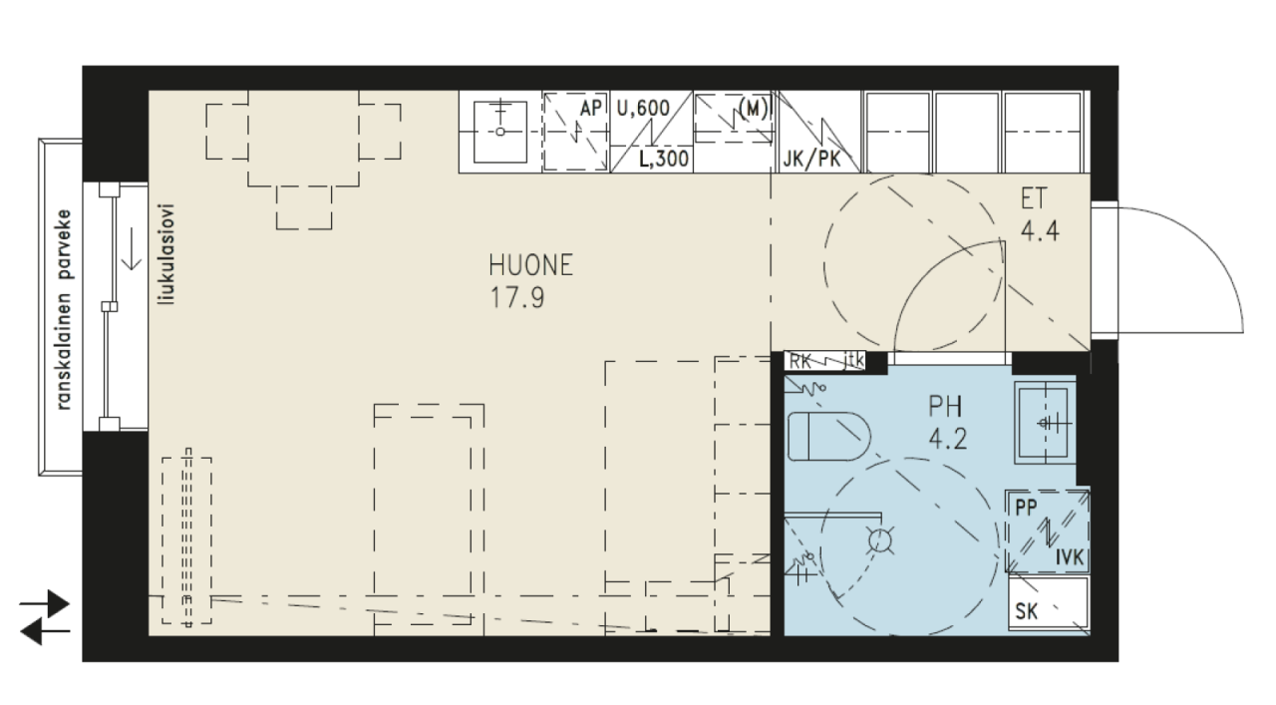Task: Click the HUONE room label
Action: [530, 265]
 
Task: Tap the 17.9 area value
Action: [517, 298]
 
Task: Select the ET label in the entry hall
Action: [1034, 198]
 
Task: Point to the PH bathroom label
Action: [946, 407]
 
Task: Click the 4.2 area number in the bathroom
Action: [947, 440]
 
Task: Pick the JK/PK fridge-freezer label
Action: [811, 160]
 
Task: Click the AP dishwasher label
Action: [591, 109]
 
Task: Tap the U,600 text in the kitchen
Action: [643, 109]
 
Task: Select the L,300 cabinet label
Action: [664, 159]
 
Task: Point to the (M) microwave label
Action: [753, 108]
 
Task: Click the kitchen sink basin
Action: [500, 133]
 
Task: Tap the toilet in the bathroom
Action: [829, 437]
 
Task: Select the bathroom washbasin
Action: [1045, 424]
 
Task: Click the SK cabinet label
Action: [1027, 611]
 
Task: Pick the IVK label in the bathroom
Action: [1070, 557]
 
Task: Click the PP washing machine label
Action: [1026, 508]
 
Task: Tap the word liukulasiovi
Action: [167, 254]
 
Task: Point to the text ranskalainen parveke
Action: [64, 310]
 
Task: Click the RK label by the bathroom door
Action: [800, 361]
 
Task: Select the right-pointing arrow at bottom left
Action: [45, 603]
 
